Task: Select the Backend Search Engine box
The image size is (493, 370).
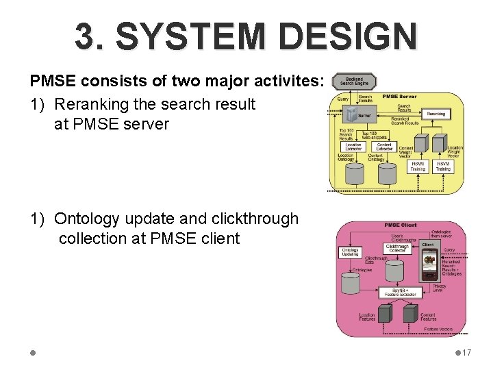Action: click(355, 82)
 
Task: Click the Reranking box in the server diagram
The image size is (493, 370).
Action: click(435, 114)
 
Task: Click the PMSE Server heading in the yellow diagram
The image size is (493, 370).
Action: click(400, 97)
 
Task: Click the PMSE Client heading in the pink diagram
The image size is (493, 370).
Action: click(401, 225)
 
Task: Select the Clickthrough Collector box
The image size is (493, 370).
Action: click(397, 248)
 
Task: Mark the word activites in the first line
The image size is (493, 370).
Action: click(283, 81)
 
